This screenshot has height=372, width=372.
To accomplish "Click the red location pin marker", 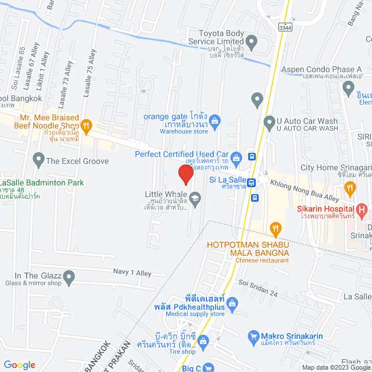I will [185, 174].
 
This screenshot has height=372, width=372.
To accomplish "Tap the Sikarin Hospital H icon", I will [363, 209].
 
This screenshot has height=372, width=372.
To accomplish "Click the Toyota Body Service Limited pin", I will [252, 41].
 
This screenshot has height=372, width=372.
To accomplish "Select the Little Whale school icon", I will [195, 200].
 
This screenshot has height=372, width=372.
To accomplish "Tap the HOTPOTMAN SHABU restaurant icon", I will [276, 228].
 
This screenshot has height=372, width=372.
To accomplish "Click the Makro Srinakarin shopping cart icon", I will [253, 337].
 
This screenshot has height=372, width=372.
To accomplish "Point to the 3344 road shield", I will [285, 27].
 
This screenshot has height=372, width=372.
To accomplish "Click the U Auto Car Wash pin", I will [269, 123].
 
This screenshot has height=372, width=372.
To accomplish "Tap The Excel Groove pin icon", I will [38, 158].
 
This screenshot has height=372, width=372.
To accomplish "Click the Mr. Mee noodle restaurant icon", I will [86, 124].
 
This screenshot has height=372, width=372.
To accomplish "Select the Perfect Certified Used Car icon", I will [236, 157].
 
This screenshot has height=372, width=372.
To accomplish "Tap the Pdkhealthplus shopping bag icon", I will [232, 303].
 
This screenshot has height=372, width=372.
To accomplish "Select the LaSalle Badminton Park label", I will [42, 183].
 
